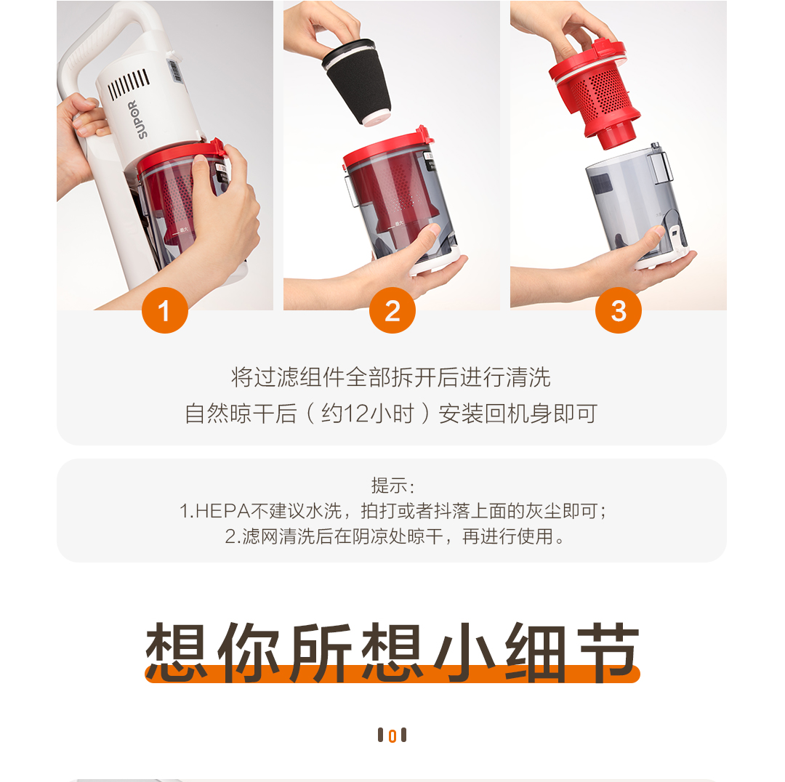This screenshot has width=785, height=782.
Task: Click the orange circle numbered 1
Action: [165, 310]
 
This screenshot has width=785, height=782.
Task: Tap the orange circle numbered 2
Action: [392, 310]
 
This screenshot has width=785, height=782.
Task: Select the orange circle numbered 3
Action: [619, 310]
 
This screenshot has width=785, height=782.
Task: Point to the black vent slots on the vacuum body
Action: [129, 84]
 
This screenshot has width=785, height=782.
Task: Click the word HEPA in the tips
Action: [222, 511]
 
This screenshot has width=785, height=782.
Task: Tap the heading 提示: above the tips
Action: [392, 485]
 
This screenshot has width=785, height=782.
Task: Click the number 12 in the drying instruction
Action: [356, 414]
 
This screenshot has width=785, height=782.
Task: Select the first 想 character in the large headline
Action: [176, 652]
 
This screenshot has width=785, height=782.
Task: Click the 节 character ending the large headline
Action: [608, 652]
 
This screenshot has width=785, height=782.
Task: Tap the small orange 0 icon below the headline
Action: [392, 735]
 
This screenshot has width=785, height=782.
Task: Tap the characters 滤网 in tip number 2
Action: [260, 536]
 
